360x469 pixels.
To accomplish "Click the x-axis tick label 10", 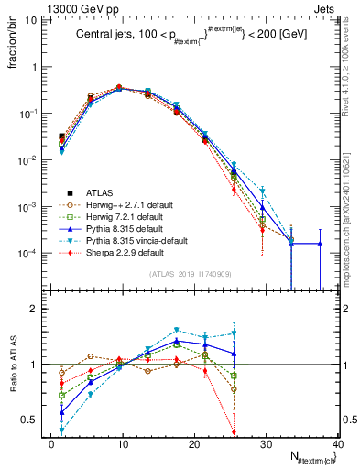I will [x=123, y=444].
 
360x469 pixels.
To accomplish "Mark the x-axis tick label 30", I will [x=266, y=444].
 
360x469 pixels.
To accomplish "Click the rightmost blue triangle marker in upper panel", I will [x=321, y=244].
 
